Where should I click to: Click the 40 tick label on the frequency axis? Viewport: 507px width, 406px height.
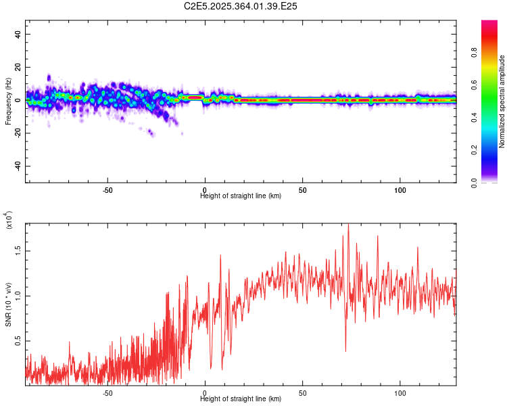tap(18, 35)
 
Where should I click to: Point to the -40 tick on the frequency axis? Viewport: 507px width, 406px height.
tap(18, 166)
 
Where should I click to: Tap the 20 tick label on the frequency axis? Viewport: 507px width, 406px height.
tap(18, 68)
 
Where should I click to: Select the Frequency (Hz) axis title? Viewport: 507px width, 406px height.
tap(8, 101)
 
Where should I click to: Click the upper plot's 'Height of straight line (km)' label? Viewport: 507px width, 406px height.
tap(241, 196)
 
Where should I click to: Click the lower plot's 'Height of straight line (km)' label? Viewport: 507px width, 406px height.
tap(241, 399)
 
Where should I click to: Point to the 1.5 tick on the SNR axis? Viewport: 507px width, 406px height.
tap(18, 250)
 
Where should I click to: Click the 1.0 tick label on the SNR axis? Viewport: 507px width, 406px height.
tap(18, 295)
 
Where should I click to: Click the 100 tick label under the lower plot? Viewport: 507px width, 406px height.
tap(400, 392)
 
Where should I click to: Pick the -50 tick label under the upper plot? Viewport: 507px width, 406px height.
tap(107, 189)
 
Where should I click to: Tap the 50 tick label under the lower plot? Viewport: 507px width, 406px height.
tap(303, 392)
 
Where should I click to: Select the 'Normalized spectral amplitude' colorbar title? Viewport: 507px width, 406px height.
tap(502, 101)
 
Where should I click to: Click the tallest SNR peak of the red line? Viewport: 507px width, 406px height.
tap(349, 225)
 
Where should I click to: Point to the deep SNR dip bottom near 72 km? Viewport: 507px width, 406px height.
tap(345, 351)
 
